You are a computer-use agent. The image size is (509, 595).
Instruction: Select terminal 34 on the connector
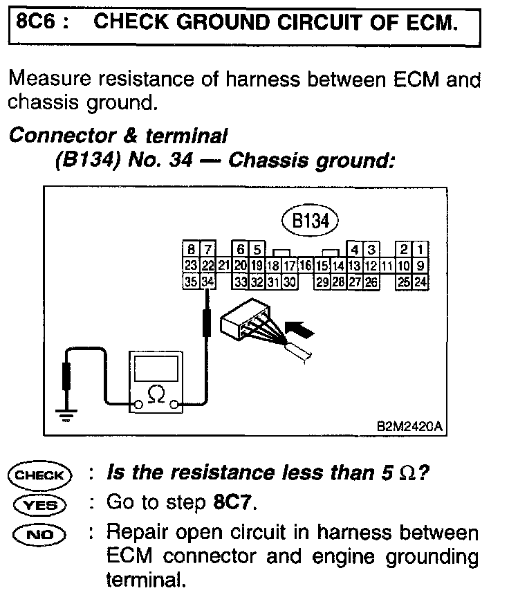click(x=207, y=282)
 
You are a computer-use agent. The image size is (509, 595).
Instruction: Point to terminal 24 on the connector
click(x=420, y=282)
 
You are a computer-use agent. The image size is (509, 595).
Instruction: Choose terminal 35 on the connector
click(x=191, y=282)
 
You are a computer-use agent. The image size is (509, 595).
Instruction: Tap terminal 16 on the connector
click(x=306, y=266)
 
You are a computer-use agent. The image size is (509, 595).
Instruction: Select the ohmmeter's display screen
click(x=156, y=368)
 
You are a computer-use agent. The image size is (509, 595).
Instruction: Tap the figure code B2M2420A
click(x=409, y=428)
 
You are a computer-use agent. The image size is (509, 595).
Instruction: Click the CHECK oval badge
click(x=39, y=475)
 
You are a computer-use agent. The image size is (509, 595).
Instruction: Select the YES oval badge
click(x=39, y=504)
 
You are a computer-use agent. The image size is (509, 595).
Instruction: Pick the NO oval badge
click(x=39, y=533)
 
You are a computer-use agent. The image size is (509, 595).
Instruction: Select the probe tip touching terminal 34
click(x=207, y=294)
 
